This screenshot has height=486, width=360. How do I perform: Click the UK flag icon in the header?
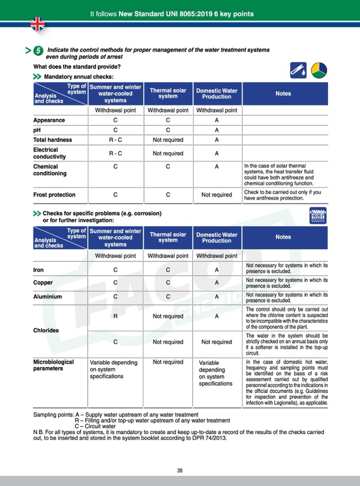pos(38,23)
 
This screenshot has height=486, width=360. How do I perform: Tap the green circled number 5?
pos(38,51)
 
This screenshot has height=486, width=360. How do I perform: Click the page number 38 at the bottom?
pos(179,470)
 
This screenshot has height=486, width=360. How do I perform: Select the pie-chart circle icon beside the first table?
pos(319,71)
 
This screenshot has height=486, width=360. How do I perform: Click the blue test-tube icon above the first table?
pos(299,71)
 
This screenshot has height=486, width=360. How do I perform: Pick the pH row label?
pos(37,130)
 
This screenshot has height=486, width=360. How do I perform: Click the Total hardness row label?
pos(53,140)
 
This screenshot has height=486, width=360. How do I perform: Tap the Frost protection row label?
pos(54,195)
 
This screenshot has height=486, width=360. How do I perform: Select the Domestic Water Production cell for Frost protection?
pos(217,195)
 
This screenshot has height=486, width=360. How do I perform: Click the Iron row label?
pos(39,270)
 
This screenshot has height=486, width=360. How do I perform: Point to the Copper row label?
pos(43,283)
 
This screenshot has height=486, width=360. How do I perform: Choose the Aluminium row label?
pos(48,296)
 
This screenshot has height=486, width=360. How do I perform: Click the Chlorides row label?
pos(46,330)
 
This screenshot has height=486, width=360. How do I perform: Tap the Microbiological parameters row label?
pos(54,365)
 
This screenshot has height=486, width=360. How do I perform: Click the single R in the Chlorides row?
pos(116,316)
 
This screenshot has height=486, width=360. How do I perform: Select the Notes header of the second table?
pos(283,237)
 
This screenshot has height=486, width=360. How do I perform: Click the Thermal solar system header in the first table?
pos(168,93)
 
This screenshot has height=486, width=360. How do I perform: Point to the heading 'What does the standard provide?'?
pos(77,66)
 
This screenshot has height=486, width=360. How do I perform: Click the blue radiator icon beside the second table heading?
pos(317,216)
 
